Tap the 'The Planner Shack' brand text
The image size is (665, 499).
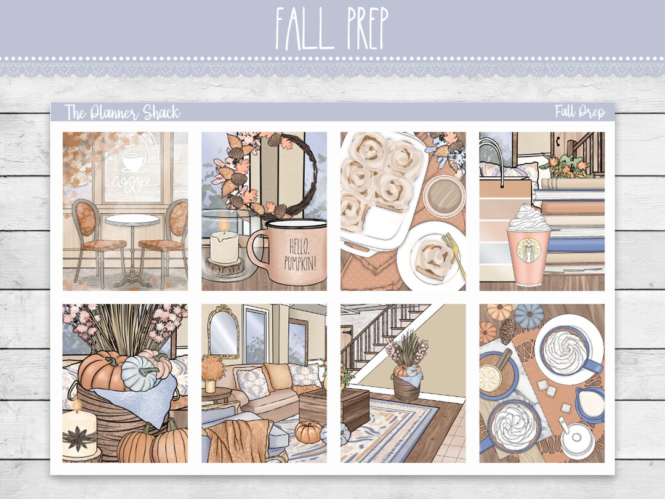tap(123, 113)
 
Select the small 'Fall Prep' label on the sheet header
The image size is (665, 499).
tap(580, 112)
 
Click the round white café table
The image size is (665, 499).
tap(132, 221)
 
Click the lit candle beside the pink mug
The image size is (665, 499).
tap(224, 244)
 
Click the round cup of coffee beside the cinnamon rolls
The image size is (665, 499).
tap(444, 197)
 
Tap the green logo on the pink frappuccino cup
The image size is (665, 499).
tap(528, 250)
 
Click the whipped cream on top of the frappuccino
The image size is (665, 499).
tap(528, 217)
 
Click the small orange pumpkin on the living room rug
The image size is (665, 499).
tap(308, 432)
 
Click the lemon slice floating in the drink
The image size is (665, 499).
tap(490, 378)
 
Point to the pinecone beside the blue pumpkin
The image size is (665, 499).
tap(507, 331)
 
